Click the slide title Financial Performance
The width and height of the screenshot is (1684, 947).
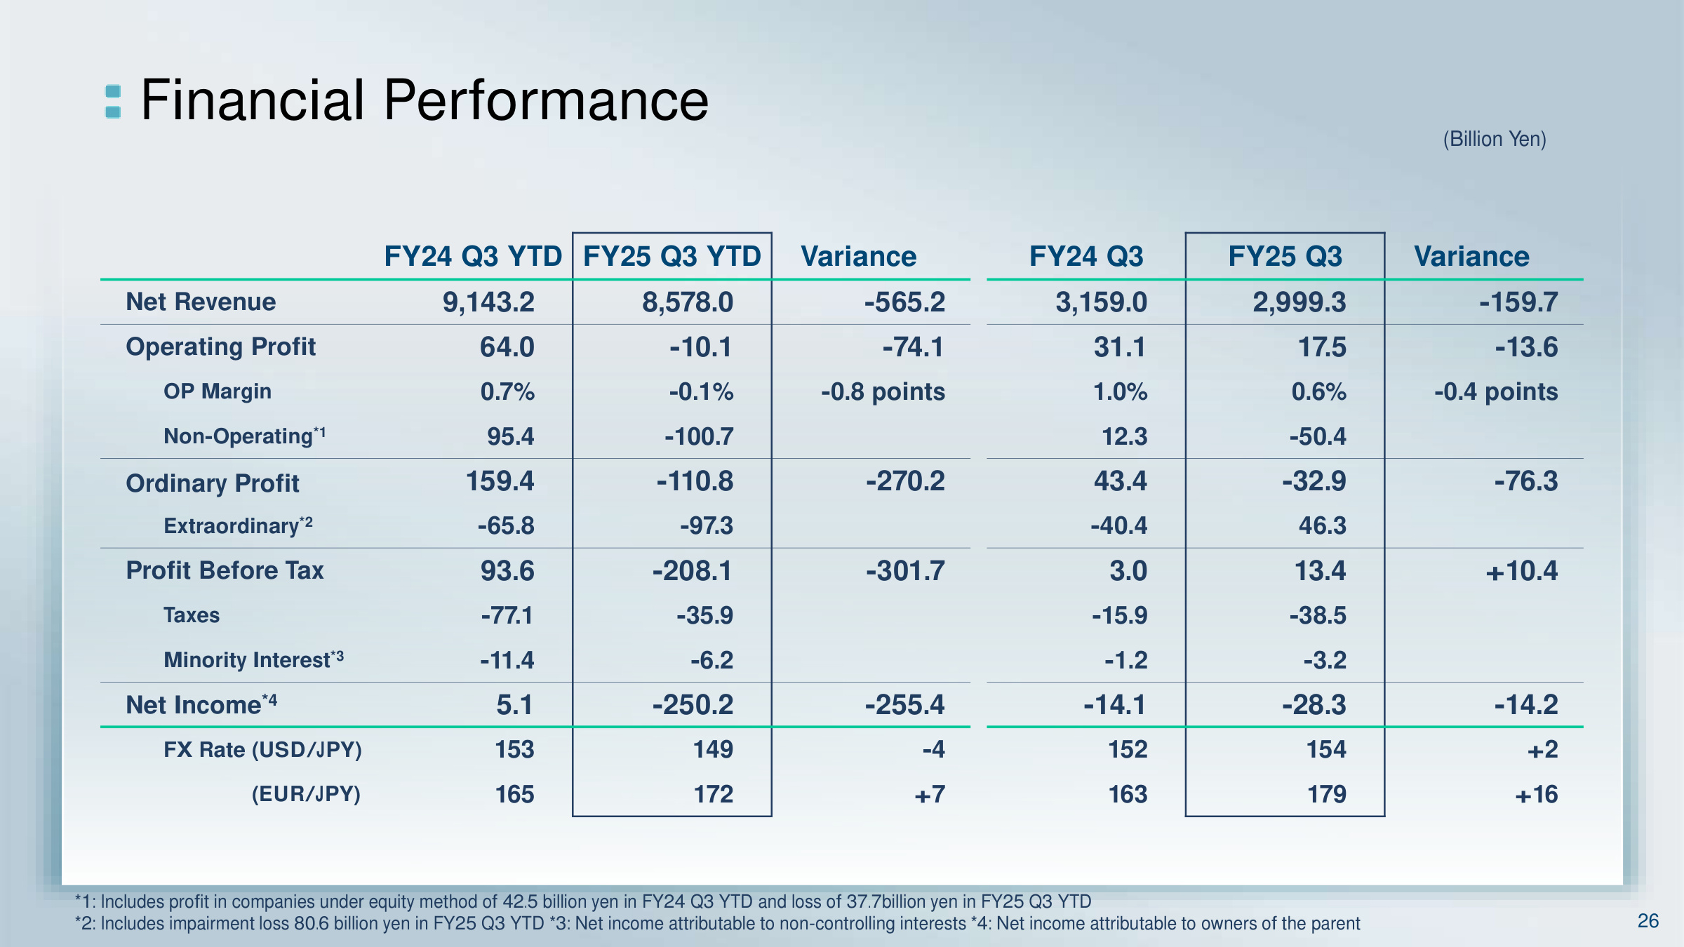[x=425, y=100]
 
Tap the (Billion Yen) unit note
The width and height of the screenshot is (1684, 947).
[x=1494, y=139]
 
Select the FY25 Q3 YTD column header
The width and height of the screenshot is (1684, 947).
[x=671, y=256]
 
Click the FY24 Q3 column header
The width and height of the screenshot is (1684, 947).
[x=1085, y=256]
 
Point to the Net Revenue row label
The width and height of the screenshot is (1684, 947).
[x=201, y=302]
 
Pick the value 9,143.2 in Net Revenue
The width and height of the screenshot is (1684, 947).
[x=488, y=302]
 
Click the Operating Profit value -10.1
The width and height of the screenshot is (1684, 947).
[x=700, y=347]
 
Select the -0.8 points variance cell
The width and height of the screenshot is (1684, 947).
[x=883, y=391]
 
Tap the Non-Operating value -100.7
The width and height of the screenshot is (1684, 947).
[x=699, y=436]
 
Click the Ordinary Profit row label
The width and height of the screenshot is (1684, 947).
[x=213, y=483]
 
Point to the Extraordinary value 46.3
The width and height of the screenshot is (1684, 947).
[x=1322, y=525]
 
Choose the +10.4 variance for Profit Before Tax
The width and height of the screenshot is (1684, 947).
[x=1521, y=571]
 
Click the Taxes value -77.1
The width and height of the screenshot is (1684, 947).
[x=507, y=615]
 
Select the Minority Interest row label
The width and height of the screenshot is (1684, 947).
[x=253, y=659]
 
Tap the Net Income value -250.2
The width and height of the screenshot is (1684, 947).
[x=693, y=704]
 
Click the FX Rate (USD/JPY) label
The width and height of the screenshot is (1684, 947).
[x=262, y=749]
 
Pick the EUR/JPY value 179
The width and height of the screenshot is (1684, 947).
[x=1326, y=794]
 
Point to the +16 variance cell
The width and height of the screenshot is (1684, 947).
[x=1536, y=794]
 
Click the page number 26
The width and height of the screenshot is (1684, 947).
[x=1648, y=920]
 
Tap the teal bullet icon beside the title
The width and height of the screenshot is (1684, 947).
[x=113, y=102]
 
